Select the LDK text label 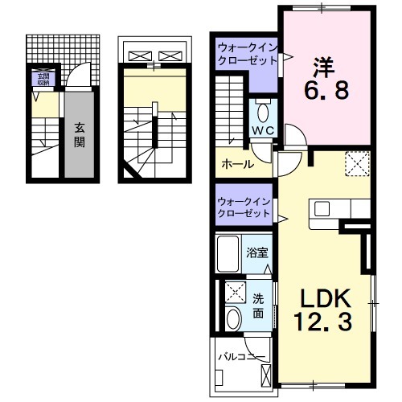[326, 299]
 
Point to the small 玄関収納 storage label [40, 79]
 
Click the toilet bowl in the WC [264, 110]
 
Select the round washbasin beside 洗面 [234, 318]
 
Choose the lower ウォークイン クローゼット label [244, 207]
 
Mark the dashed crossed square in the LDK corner [356, 163]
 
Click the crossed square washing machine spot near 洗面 [235, 291]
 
